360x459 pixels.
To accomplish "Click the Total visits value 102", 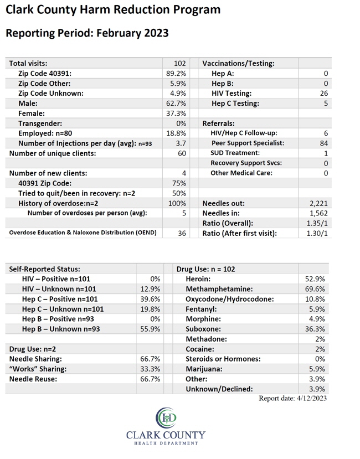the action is pos(180,64).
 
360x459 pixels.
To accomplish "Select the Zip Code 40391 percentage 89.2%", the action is pos(176,74).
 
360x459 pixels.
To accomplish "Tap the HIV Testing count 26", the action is pos(324,94).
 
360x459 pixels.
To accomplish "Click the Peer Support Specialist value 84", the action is pos(324,143).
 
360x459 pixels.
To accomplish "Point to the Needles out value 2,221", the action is pos(318,203).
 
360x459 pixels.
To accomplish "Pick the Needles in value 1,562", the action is pos(318,213).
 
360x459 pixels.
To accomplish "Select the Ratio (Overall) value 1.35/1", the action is pos(317,223).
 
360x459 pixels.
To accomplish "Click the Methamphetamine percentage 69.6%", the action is pos(315,289).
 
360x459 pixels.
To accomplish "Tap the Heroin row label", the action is pos(198,279).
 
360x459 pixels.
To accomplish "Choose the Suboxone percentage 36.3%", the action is pos(315,329).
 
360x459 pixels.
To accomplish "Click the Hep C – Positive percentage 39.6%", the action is pos(150,299).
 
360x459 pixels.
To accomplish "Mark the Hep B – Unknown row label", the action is pos(61,329).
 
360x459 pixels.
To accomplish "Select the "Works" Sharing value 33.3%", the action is pos(150,369).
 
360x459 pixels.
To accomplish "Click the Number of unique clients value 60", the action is pos(182,153).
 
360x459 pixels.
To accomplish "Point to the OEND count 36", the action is pos(182,233).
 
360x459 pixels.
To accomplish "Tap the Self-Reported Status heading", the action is pos(44,269).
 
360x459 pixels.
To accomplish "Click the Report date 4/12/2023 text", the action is pos(292,399).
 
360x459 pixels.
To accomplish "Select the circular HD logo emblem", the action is pos(166,417).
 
